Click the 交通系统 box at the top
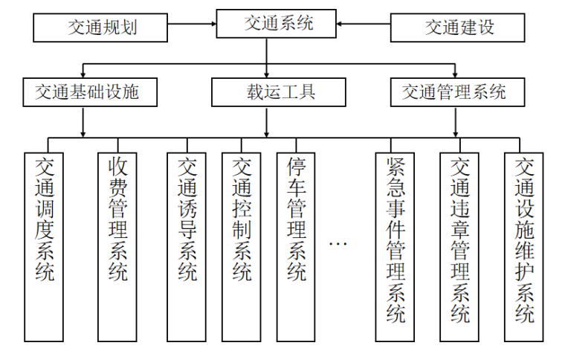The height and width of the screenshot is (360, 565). tap(278, 24)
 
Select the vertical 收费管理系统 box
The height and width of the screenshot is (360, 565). tap(117, 245)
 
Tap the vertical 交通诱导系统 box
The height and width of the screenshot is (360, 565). tap(187, 245)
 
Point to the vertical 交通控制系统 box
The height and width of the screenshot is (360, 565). tap(242, 245)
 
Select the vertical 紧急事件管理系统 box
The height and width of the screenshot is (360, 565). tap(395, 245)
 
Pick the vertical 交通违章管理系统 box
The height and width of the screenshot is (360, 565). tap(459, 245)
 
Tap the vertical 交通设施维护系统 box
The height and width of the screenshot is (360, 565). tap(524, 245)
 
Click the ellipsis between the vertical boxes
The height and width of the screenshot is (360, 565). tap(338, 244)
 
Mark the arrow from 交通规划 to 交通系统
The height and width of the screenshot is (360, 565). tap(194, 28)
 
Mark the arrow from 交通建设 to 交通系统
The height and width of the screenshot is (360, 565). tap(364, 28)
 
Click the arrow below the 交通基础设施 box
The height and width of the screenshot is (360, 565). tap(83, 122)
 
